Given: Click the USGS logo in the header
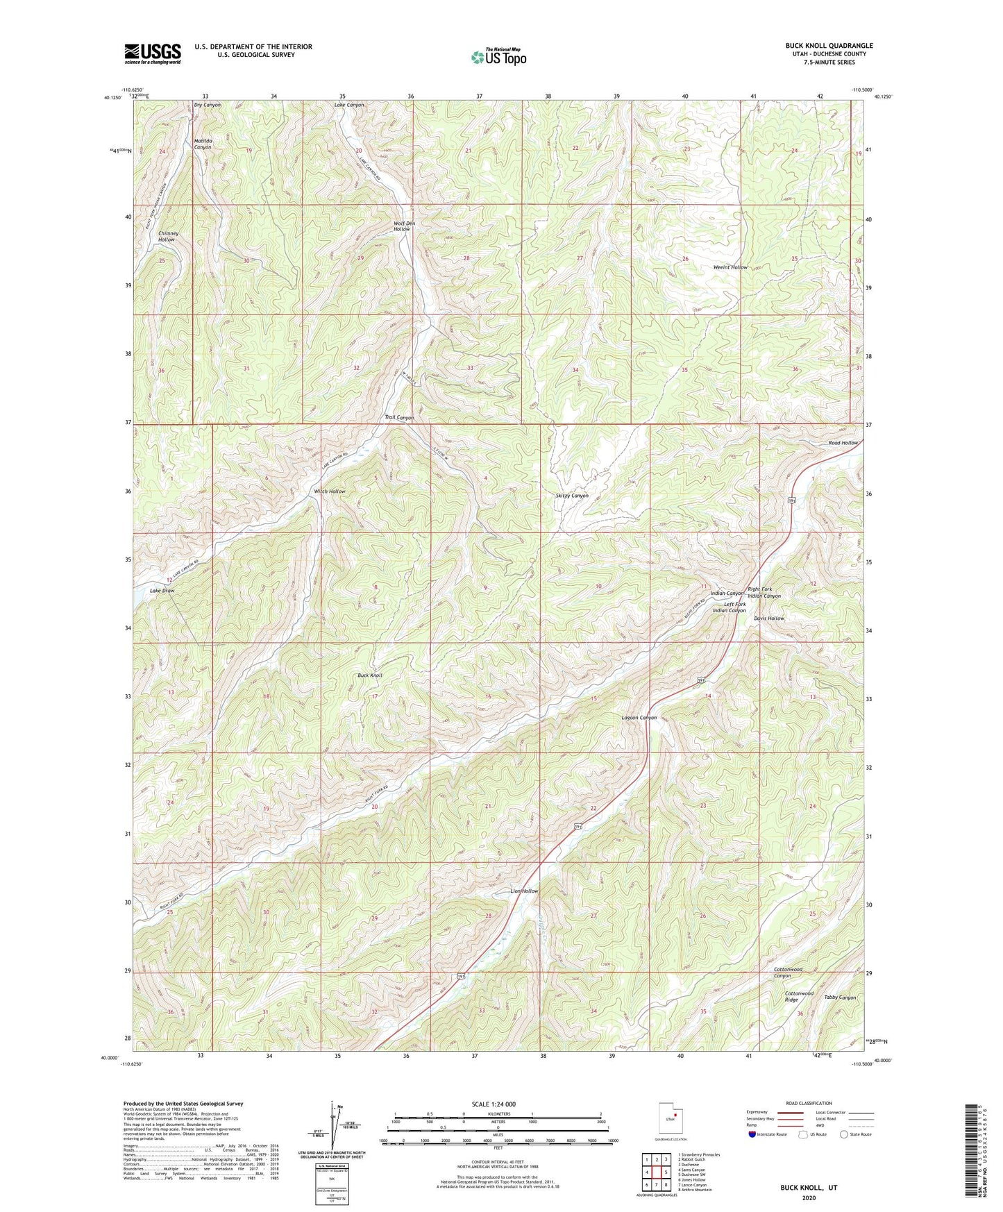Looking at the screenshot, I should pyautogui.click(x=153, y=53).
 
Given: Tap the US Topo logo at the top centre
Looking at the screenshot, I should pyautogui.click(x=498, y=57).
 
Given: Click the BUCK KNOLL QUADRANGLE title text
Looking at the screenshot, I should pyautogui.click(x=829, y=46).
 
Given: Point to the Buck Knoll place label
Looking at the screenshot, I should pyautogui.click(x=370, y=675).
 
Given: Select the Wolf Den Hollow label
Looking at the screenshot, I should pyautogui.click(x=404, y=226).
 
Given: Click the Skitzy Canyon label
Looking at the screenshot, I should pyautogui.click(x=572, y=496).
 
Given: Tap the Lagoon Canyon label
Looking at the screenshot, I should pyautogui.click(x=639, y=718).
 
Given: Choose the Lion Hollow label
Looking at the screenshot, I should pyautogui.click(x=524, y=891).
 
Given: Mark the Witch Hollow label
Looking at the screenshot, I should pyautogui.click(x=330, y=491).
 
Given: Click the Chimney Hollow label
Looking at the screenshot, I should pyautogui.click(x=169, y=237).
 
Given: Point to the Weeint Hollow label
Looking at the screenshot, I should pyautogui.click(x=730, y=267).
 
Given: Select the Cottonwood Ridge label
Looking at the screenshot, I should pyautogui.click(x=799, y=997).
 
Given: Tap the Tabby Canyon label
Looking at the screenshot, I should pyautogui.click(x=840, y=998).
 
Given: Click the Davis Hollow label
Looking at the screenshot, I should pyautogui.click(x=769, y=618).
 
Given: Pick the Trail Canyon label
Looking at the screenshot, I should pyautogui.click(x=399, y=418).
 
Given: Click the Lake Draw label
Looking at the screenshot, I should pyautogui.click(x=162, y=591).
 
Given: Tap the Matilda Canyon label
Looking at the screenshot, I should pyautogui.click(x=203, y=144).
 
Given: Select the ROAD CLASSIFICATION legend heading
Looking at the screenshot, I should pyautogui.click(x=808, y=1103).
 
